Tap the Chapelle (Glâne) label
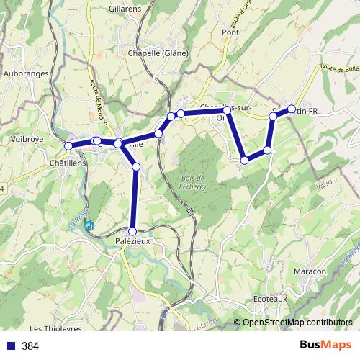158,53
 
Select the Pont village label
230,32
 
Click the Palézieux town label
132,241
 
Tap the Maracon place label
311,271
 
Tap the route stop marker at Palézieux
132,231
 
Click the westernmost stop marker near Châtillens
69,146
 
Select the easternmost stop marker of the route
292,109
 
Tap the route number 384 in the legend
30,346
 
